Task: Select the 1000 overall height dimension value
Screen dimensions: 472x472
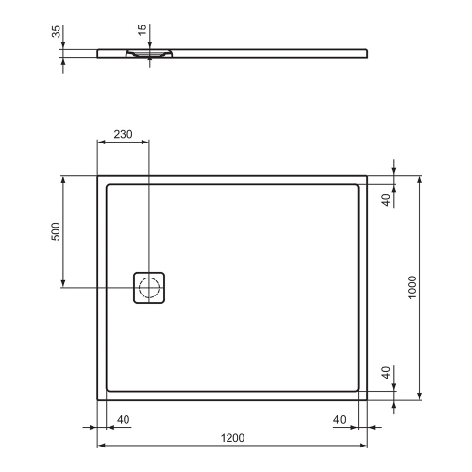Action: click(413, 287)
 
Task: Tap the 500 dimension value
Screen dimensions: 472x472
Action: click(55, 230)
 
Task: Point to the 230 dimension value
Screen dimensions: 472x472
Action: click(123, 134)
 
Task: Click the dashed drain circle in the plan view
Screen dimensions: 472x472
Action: click(149, 287)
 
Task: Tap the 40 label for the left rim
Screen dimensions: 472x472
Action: click(124, 420)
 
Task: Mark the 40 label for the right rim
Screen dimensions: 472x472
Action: click(340, 420)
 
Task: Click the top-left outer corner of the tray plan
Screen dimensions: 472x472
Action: click(98, 175)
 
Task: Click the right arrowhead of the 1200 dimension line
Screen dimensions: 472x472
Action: click(364, 445)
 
